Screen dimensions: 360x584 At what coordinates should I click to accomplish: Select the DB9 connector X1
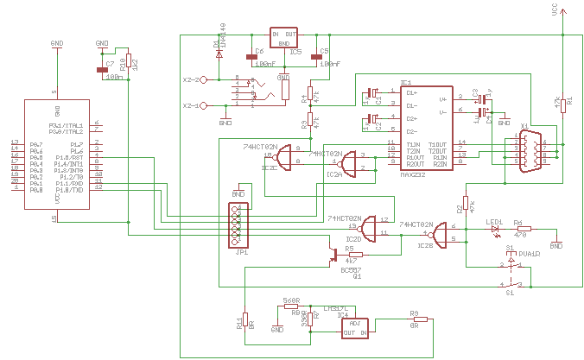(530, 152)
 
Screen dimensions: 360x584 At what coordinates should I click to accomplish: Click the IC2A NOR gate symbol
(350, 162)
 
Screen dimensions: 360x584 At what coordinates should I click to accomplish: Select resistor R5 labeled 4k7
(352, 255)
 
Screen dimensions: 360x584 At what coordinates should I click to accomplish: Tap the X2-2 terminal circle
(204, 79)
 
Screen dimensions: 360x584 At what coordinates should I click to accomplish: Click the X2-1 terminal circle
(204, 105)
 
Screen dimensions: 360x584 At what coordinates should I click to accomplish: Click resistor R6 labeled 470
(523, 229)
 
